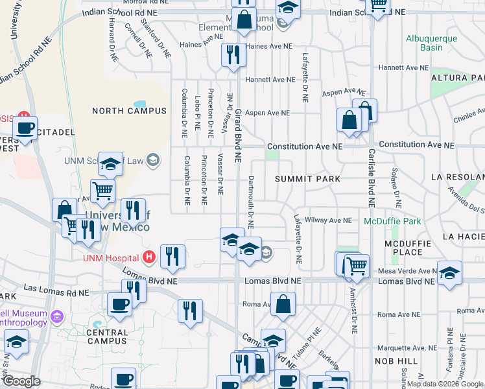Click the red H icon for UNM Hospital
pyautogui.click(x=150, y=257)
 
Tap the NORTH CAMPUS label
pyautogui.click(x=129, y=111)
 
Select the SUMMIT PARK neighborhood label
pyautogui.click(x=307, y=178)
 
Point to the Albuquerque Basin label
pyautogui.click(x=432, y=43)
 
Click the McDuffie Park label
pyautogui.click(x=392, y=221)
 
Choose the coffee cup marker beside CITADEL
pyautogui.click(x=25, y=127)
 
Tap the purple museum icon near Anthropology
pyautogui.click(x=58, y=317)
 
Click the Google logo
pyautogui.click(x=21, y=381)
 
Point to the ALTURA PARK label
pyautogui.click(x=458, y=78)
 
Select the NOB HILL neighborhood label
pyautogui.click(x=392, y=360)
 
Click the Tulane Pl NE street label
pyautogui.click(x=313, y=339)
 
